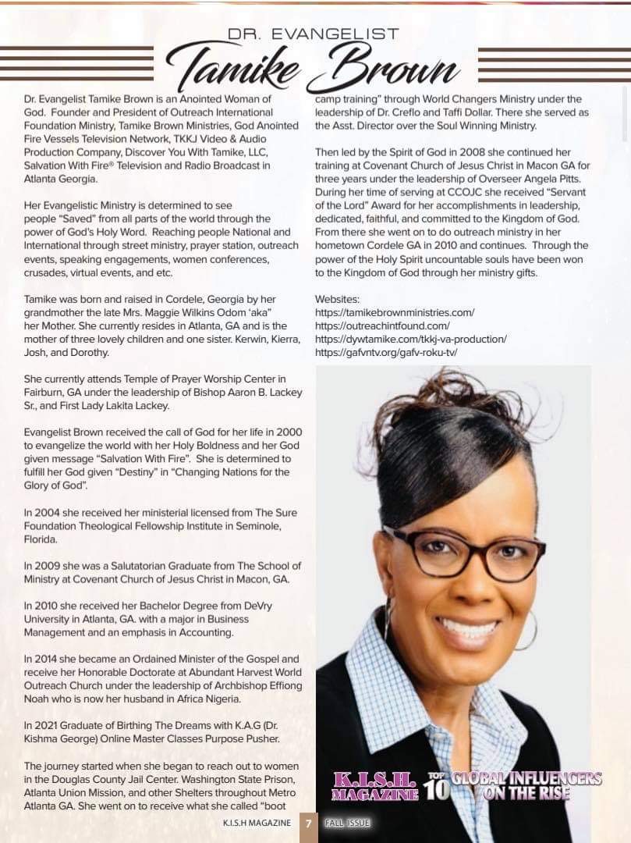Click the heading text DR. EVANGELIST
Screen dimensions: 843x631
313,34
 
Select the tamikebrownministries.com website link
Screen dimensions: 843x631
394,312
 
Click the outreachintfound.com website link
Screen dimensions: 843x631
382,325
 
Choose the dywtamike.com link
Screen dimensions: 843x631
410,339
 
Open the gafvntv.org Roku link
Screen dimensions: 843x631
386,352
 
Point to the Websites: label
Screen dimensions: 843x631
338,299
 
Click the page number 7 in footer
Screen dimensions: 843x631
308,823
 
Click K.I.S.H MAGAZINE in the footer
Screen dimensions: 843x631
257,823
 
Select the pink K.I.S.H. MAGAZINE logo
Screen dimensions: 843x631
374,786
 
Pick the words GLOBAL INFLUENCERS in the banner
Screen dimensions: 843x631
527,778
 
